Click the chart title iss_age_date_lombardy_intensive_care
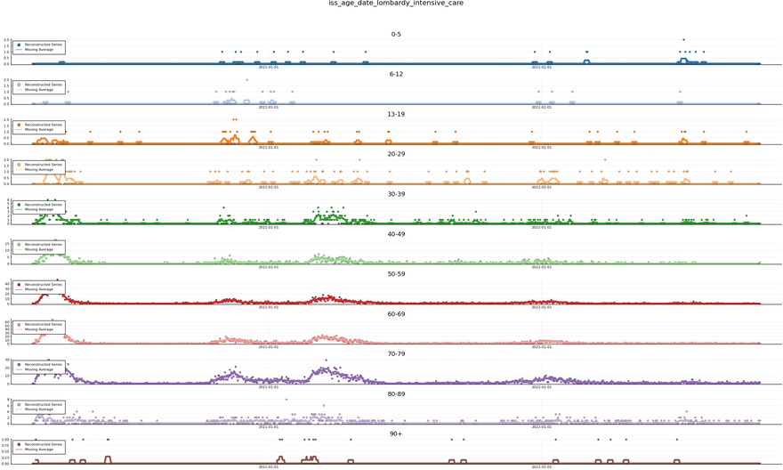pos(396,4)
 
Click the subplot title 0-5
pos(396,35)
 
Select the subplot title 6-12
pos(396,75)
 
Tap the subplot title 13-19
pos(396,115)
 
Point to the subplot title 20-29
pos(396,155)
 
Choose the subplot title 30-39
pos(396,194)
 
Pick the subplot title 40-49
pos(396,234)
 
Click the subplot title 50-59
pos(396,274)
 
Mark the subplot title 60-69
pos(396,314)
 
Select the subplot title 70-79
pos(396,354)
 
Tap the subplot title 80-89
pos(396,394)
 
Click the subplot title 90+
pos(396,434)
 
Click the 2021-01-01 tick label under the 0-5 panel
pos(268,68)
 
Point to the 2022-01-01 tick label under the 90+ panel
pos(541,466)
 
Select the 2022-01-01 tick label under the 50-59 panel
pos(541,307)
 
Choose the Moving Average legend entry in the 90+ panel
pos(38,450)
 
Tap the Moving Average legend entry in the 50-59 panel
pos(38,289)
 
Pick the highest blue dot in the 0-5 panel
pos(683,40)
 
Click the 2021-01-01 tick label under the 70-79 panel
pos(268,386)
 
